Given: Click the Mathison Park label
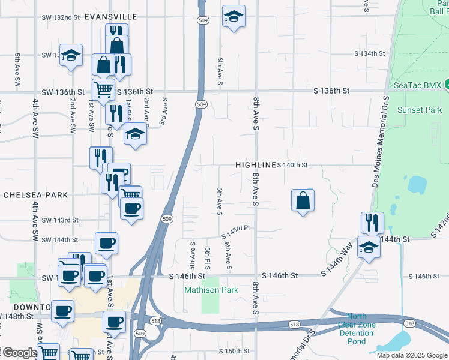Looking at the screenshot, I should (211, 290).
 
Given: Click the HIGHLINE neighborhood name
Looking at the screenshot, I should (256, 164).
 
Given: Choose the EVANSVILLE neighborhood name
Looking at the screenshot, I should (110, 17).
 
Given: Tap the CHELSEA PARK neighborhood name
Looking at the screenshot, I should (36, 195).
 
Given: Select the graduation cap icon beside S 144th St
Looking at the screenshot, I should (368, 247).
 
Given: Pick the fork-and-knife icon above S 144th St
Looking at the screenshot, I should (372, 223).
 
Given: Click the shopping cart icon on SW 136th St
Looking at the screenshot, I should (104, 89).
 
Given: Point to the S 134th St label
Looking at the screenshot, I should (369, 53).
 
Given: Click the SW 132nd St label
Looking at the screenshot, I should (61, 17).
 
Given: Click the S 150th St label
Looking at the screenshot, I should (234, 350).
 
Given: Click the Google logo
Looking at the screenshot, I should (19, 353).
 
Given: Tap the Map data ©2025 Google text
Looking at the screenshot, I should (411, 355).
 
